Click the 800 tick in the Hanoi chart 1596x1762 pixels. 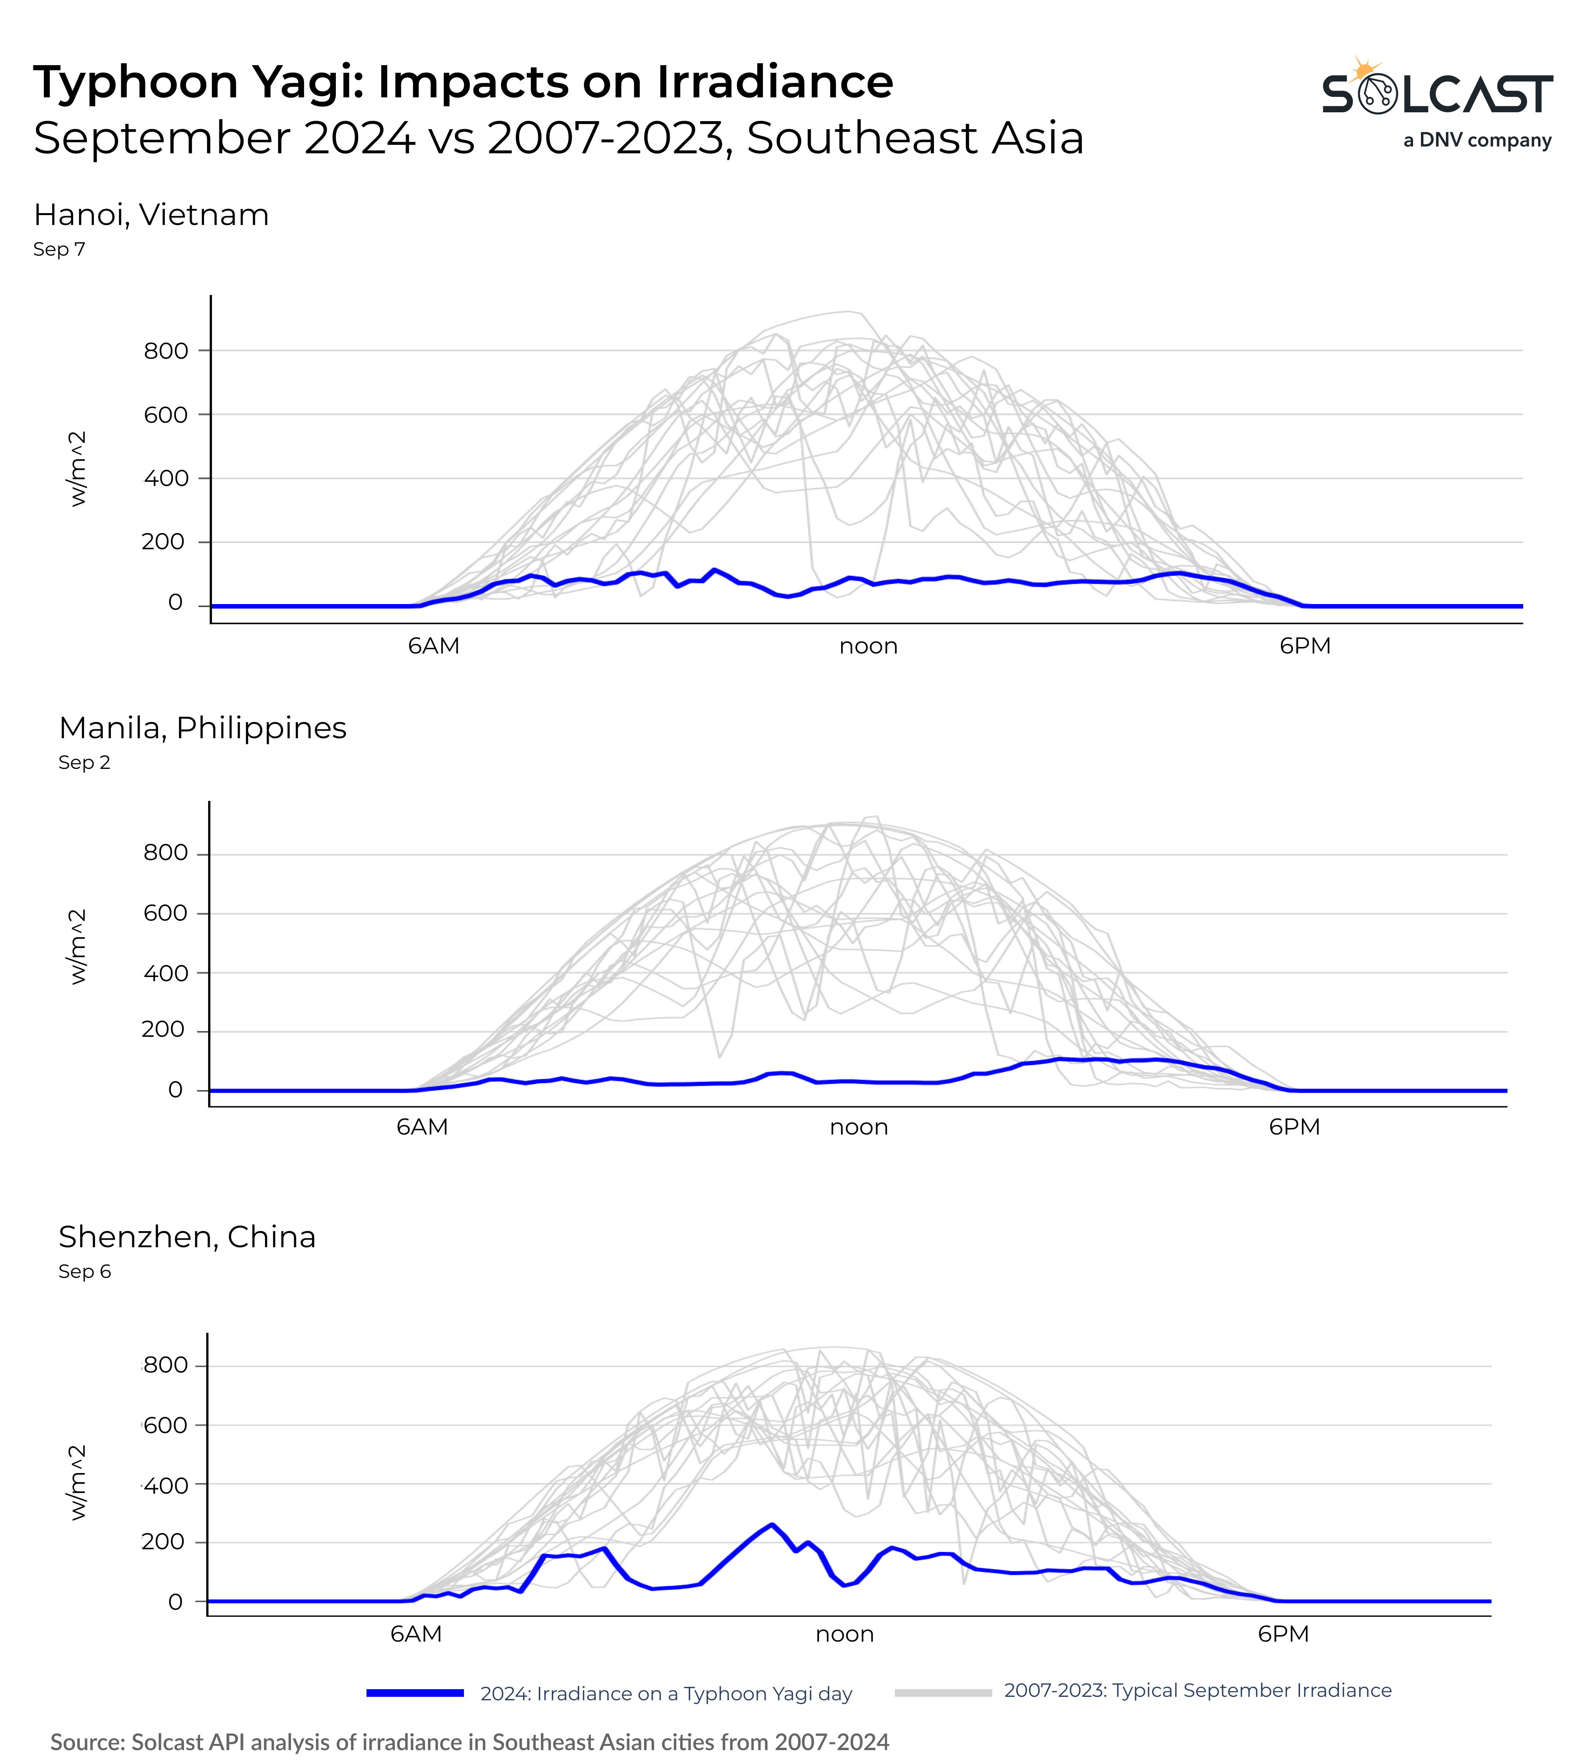tap(166, 351)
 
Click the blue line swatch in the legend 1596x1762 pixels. tap(415, 1693)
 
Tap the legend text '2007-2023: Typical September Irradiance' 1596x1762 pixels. tap(1197, 1690)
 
